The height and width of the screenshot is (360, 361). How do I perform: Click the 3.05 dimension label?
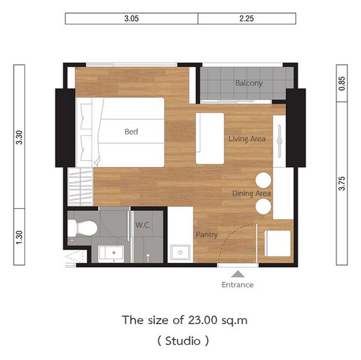point(131,19)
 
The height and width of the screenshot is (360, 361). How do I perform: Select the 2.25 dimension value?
point(246,19)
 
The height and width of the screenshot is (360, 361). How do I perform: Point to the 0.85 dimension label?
point(342,84)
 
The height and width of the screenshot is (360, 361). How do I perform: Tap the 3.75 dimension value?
point(342,184)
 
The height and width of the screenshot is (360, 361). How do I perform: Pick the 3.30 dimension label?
point(19,138)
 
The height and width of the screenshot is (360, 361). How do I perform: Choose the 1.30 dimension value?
point(19,237)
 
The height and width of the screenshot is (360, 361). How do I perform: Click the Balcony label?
point(249,84)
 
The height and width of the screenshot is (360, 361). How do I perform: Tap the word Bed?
point(131,132)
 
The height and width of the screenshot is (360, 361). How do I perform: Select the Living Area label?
point(247,139)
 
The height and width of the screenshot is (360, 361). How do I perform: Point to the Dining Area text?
point(251,194)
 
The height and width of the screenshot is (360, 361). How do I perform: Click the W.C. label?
point(143,225)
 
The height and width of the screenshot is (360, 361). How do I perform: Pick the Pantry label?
point(207,235)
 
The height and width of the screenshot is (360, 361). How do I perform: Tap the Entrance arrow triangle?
point(238,274)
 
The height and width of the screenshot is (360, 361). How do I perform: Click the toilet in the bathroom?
point(83,228)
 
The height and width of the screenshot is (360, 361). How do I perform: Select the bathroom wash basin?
point(111,253)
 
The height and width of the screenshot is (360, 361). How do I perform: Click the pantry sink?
point(180,252)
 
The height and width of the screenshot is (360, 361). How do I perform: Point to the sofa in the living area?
point(210,138)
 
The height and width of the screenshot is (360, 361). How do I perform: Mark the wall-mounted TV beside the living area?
point(280,141)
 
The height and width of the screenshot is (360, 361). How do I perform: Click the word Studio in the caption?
point(183,341)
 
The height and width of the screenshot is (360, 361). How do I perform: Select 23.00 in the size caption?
point(202,320)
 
